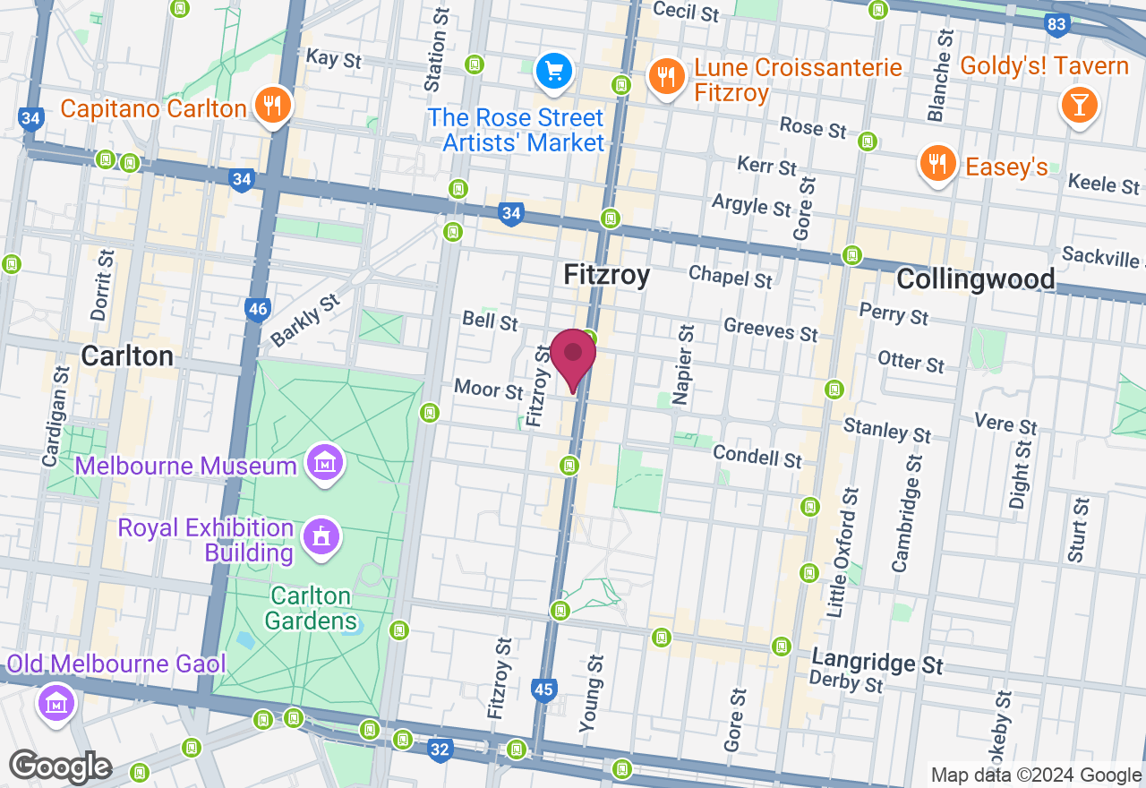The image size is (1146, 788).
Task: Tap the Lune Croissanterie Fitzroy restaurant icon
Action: (x=665, y=77)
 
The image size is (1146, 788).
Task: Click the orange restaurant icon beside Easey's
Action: (x=936, y=164)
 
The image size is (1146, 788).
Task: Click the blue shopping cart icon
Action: (x=553, y=71)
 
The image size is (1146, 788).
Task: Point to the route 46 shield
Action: (x=258, y=310)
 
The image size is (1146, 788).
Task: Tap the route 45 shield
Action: (x=543, y=689)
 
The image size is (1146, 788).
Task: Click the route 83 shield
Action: (x=1057, y=24)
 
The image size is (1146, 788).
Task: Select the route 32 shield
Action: (x=440, y=749)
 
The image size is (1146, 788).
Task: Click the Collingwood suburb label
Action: (x=975, y=279)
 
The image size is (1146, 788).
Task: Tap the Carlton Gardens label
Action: (x=312, y=608)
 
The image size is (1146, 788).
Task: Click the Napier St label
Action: (x=685, y=364)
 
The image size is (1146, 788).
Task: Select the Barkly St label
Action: (x=305, y=319)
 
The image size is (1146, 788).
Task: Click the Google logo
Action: (x=60, y=767)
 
